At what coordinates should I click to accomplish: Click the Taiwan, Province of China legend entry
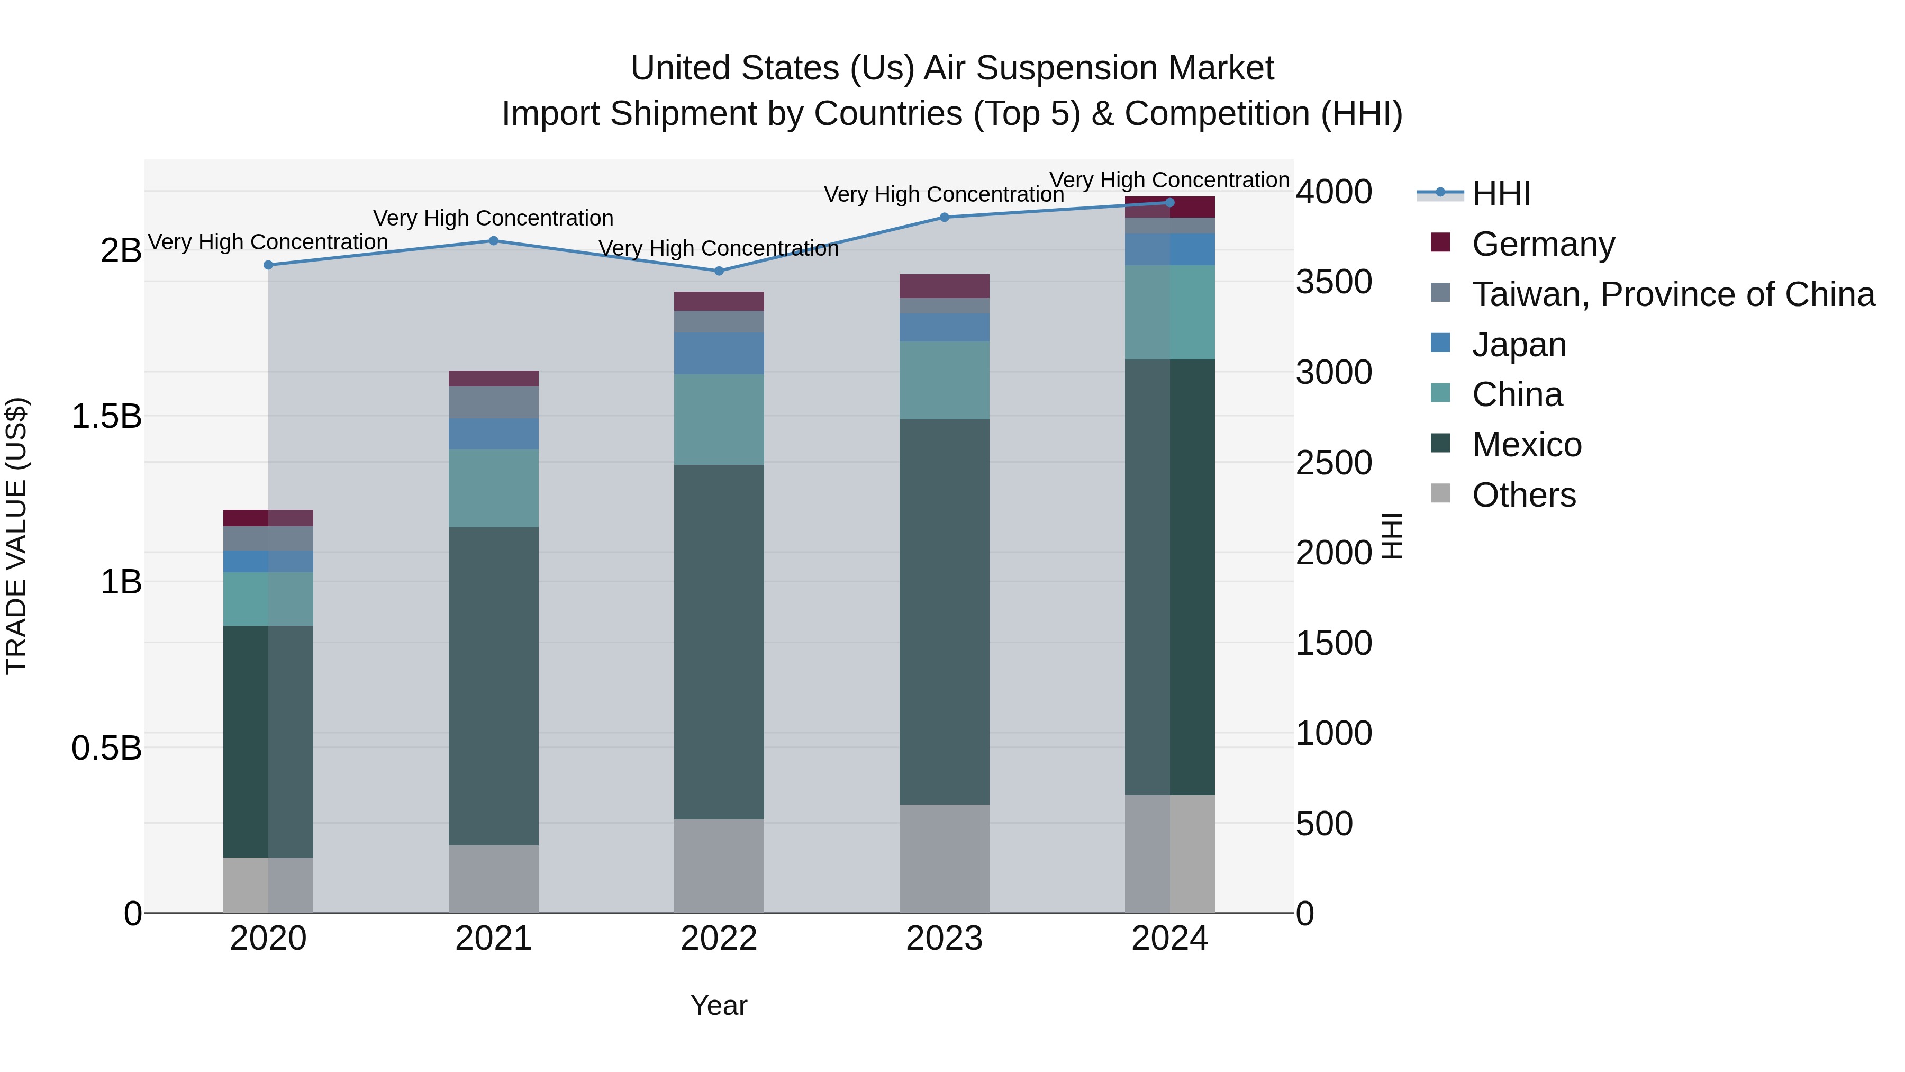pos(1673,294)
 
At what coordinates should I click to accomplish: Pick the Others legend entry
pos(1523,495)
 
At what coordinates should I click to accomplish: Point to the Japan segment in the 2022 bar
pos(718,354)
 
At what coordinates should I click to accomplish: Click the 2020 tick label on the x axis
pos(268,939)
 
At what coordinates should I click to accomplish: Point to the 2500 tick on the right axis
pos(1333,463)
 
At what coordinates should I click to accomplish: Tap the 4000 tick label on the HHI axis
pos(1333,192)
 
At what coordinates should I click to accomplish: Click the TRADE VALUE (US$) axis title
pos(16,536)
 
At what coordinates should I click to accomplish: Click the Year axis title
pos(718,1005)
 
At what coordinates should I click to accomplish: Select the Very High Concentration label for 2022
pos(718,249)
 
